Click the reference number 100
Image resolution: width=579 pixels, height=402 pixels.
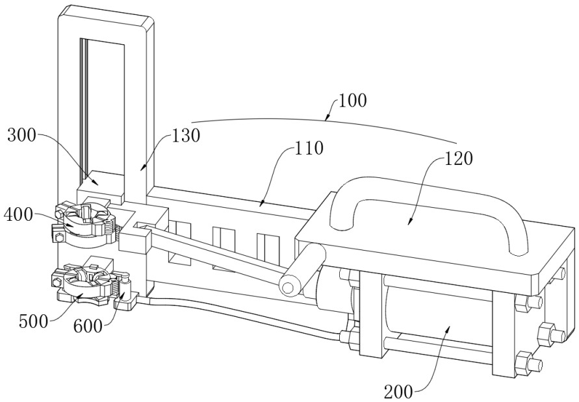point(352,101)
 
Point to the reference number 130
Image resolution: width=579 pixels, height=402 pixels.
point(186,135)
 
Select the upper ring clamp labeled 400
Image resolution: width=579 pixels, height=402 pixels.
point(81,219)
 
